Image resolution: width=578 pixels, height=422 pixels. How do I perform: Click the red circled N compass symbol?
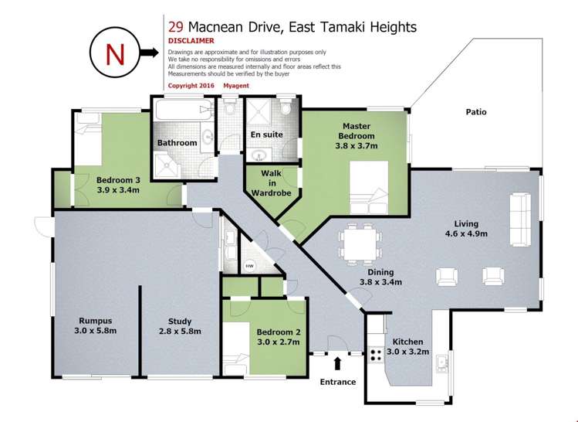pyautogui.click(x=114, y=53)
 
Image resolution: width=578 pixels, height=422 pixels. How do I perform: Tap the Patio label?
pyautogui.click(x=475, y=112)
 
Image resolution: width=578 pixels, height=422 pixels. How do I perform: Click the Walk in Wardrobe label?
pyautogui.click(x=271, y=183)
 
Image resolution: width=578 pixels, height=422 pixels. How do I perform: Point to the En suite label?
pyautogui.click(x=266, y=134)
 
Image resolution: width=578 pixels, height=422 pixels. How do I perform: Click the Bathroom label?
pyautogui.click(x=177, y=143)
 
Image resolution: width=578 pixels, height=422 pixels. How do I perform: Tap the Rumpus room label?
pyautogui.click(x=96, y=326)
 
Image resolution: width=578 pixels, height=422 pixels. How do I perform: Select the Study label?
pyautogui.click(x=180, y=326)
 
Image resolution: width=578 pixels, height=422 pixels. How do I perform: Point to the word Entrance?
pyautogui.click(x=338, y=381)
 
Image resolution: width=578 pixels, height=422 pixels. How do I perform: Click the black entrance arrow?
pyautogui.click(x=337, y=362)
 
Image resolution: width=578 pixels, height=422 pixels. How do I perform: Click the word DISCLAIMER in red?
pyautogui.click(x=191, y=41)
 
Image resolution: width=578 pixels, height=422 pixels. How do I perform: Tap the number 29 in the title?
pyautogui.click(x=175, y=27)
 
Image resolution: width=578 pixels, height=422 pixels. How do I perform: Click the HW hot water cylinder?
pyautogui.click(x=249, y=265)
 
